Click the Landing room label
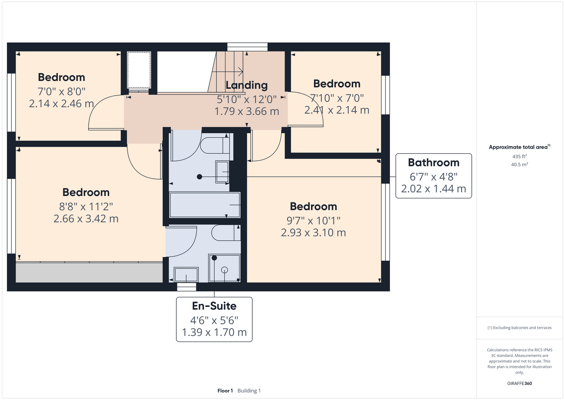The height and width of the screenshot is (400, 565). coord(246,85)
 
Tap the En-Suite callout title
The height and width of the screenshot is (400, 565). coord(214,306)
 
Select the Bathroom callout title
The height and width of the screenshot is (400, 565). coord(433,162)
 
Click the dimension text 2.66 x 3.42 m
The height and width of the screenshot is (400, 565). coord(86,218)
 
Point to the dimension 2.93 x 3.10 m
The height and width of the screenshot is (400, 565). coord(313,232)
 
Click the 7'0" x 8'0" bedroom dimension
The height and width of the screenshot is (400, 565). coord(62,91)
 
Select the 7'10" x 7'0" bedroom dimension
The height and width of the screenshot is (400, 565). coord(337,98)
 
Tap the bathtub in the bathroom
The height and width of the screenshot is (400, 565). coord(205,205)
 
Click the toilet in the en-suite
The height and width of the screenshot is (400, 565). coord(226,233)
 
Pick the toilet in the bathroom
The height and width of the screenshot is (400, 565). coord(215,145)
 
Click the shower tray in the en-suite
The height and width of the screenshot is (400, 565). coord(224,268)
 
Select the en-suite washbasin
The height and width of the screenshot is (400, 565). coord(186,274)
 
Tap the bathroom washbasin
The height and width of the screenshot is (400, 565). coord(222,172)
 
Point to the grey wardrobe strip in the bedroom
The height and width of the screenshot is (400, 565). coord(89,272)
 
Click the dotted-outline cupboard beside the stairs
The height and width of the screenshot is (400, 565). coord(139,70)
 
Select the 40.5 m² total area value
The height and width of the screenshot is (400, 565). coord(519,164)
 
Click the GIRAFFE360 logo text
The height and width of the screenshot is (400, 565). coord(519,383)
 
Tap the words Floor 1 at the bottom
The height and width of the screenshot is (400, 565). coord(225,391)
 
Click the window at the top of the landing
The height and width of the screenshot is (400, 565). coord(247,47)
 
